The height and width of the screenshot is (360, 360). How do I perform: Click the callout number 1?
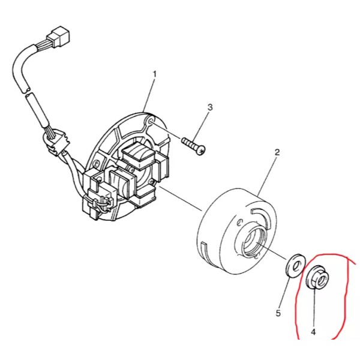154,74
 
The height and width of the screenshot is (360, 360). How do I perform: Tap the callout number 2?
277,152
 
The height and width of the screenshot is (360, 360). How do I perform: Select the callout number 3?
210,107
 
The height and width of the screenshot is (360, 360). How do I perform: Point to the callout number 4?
313,331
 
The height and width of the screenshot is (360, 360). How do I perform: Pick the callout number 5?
278,313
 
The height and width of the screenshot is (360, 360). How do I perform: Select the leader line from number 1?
150,96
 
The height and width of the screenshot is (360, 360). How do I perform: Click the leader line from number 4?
314,306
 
